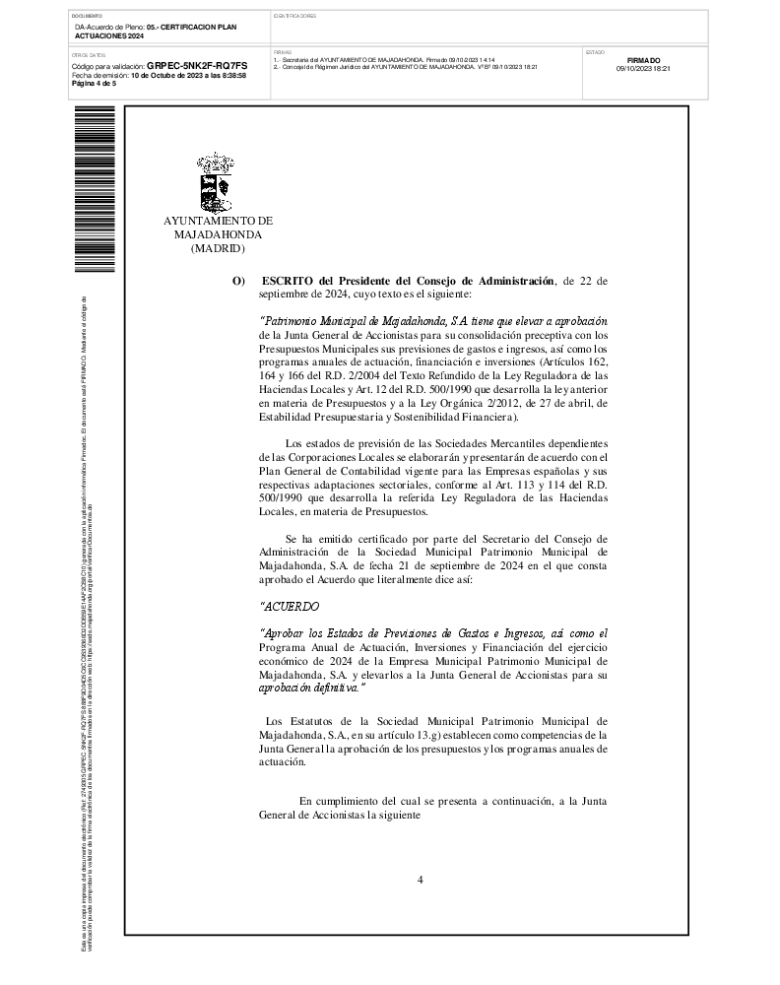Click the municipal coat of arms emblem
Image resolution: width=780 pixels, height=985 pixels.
click(x=217, y=183)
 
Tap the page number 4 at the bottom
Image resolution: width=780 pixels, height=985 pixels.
click(x=420, y=880)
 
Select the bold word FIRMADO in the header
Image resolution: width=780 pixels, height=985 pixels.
click(x=643, y=60)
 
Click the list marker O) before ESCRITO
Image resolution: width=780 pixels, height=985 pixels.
click(x=238, y=282)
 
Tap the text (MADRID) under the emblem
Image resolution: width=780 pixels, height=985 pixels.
click(x=217, y=250)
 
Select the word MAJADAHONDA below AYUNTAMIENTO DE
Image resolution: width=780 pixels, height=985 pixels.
click(x=218, y=236)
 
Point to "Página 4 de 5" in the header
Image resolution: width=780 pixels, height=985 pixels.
click(x=95, y=83)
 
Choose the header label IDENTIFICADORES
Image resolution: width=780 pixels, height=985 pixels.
click(x=294, y=17)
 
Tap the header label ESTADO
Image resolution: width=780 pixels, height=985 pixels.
click(x=595, y=51)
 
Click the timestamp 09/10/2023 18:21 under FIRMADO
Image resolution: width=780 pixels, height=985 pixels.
click(x=643, y=69)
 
